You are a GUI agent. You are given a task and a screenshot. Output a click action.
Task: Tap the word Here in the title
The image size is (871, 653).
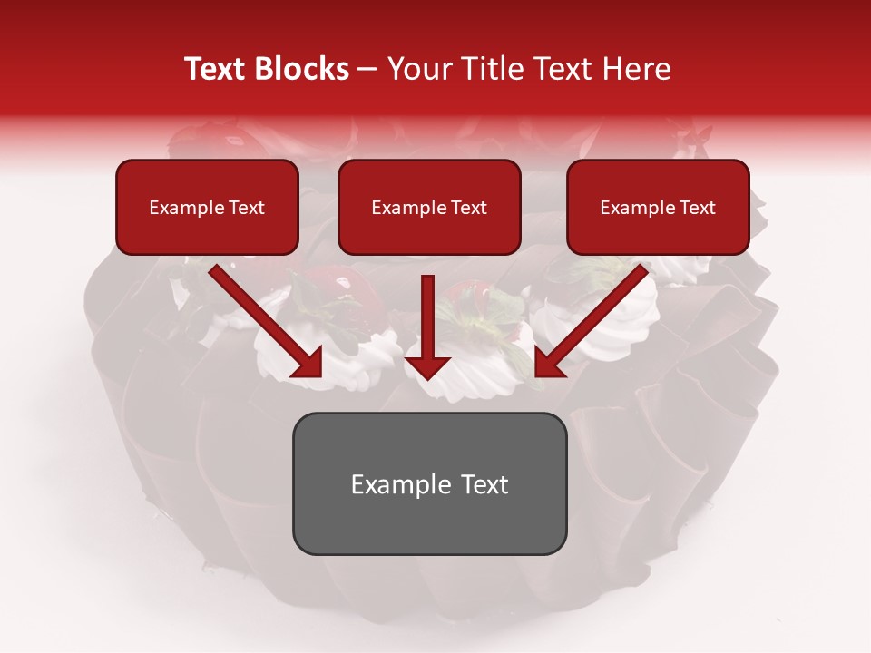coord(638,69)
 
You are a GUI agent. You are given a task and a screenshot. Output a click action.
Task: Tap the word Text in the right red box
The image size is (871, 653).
coord(698,208)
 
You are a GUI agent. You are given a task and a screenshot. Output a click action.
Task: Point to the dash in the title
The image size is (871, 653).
coord(367,70)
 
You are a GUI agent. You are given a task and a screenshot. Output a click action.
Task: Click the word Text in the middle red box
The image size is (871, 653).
coord(469,208)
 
